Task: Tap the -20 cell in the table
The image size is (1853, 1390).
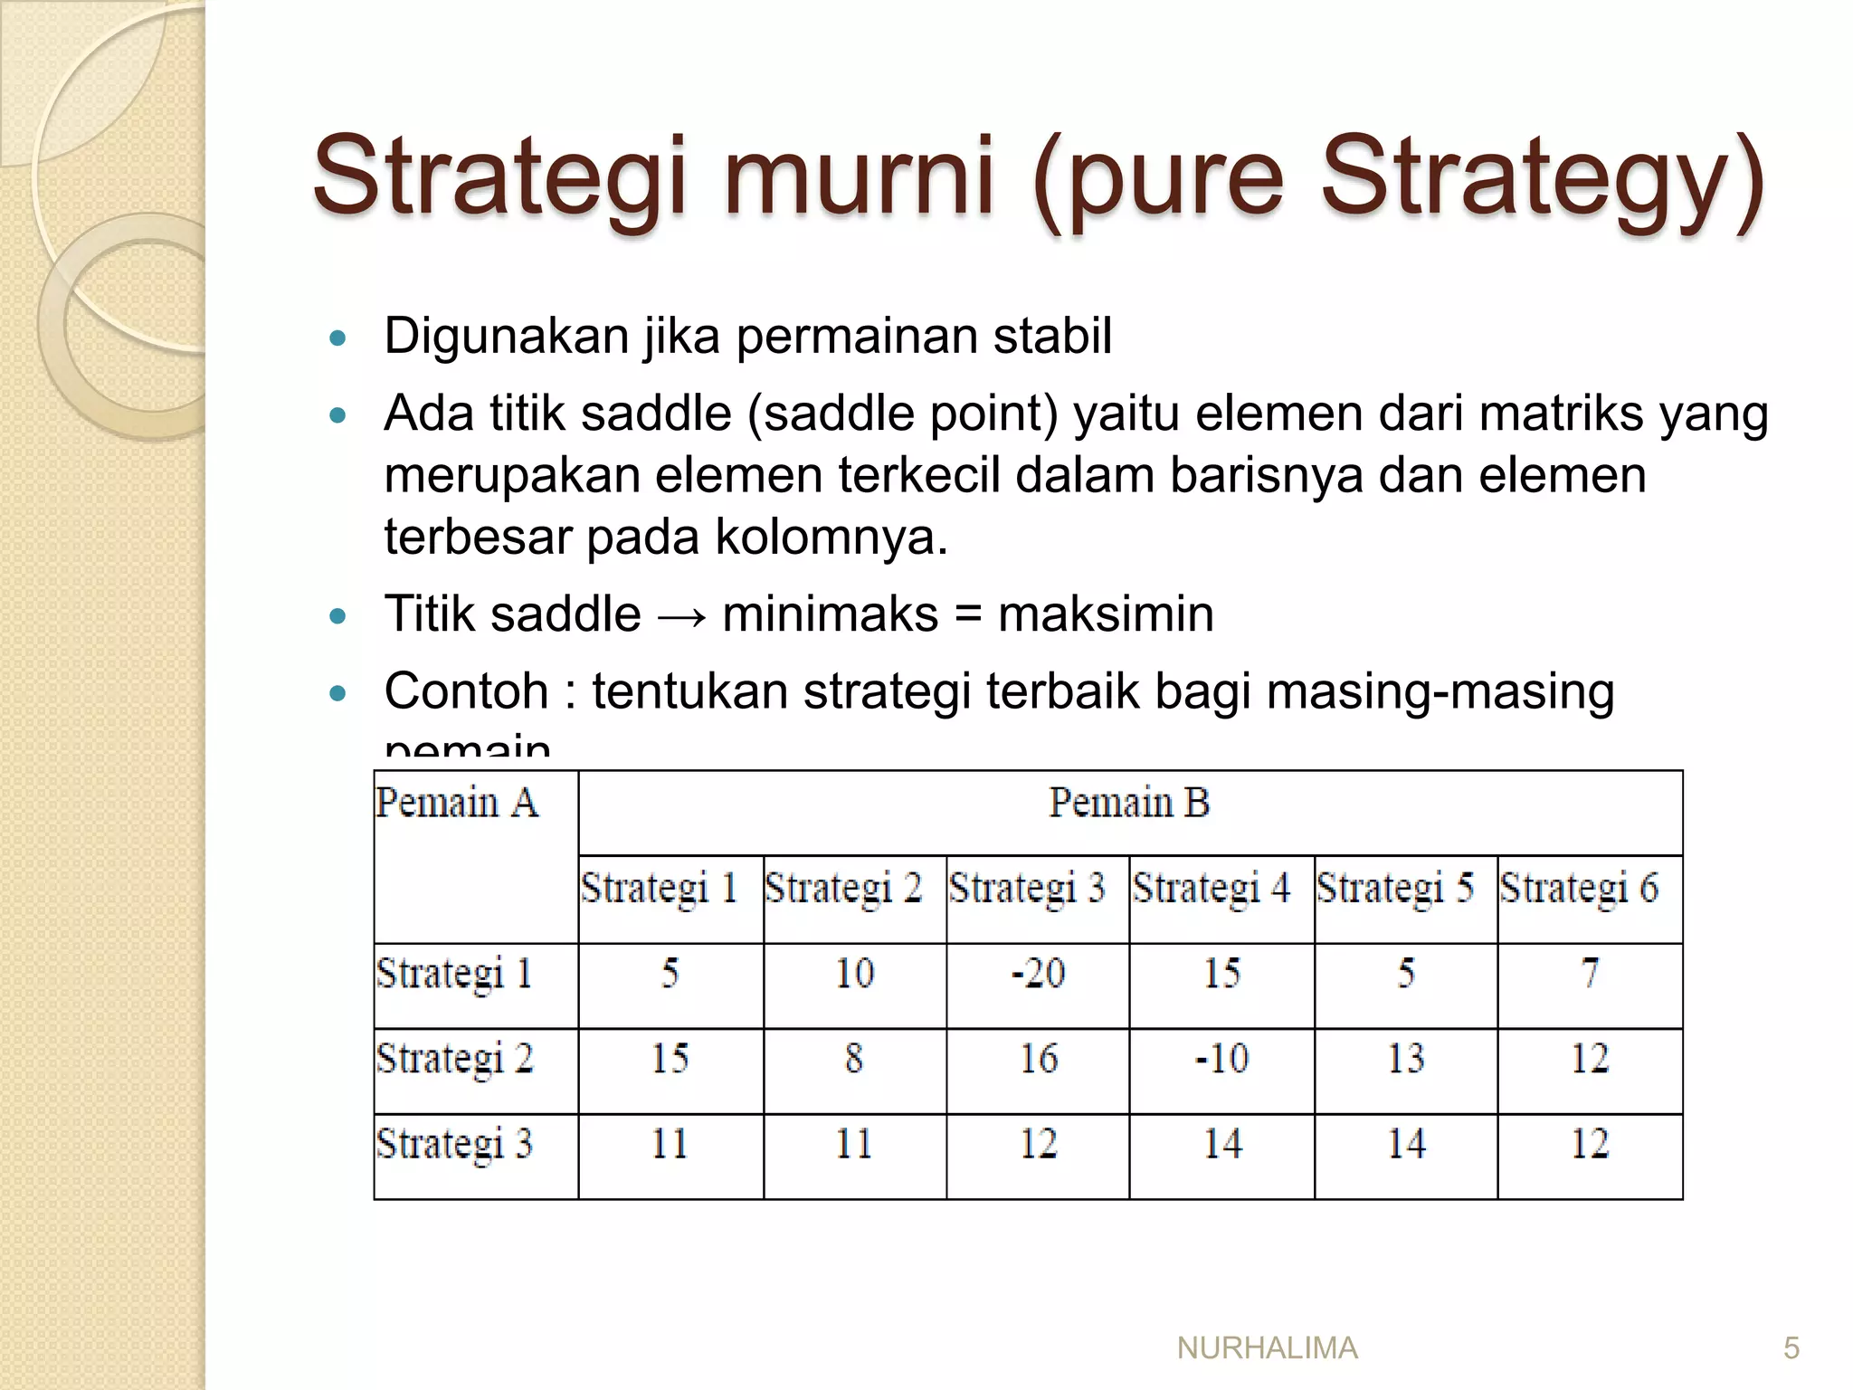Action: click(1038, 974)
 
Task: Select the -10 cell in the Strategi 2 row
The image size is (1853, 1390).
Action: click(1221, 1059)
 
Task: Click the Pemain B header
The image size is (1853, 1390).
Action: click(1129, 803)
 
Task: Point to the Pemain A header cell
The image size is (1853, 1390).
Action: click(457, 804)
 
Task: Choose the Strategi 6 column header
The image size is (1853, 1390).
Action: click(1580, 888)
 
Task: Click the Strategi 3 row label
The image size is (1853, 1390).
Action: click(454, 1144)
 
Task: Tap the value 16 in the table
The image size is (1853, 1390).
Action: click(1038, 1059)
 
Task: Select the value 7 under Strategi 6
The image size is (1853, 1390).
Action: click(1590, 974)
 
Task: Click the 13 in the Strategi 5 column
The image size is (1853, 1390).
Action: click(1405, 1059)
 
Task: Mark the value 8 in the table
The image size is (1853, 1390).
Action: click(853, 1059)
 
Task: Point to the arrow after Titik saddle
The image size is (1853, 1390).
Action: click(681, 617)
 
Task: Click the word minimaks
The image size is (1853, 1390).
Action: click(830, 614)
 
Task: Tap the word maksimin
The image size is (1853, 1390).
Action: click(1105, 614)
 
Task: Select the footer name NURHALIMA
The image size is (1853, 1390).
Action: click(1267, 1348)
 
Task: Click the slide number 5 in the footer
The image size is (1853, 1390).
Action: click(1791, 1348)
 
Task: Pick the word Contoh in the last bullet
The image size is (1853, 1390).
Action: click(466, 691)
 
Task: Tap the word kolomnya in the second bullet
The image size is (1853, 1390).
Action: click(831, 538)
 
